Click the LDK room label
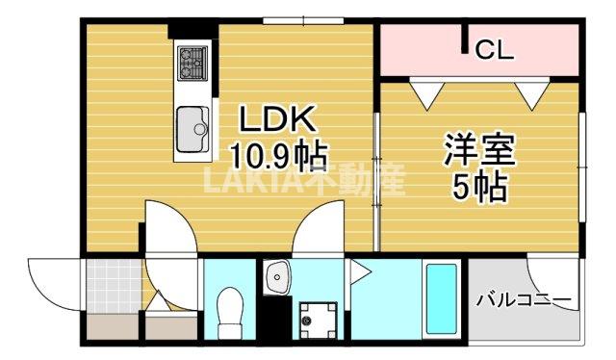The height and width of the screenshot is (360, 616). (276, 119)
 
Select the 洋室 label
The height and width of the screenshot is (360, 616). (479, 150)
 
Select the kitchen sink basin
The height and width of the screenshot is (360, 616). (193, 125)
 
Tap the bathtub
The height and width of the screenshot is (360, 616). (441, 297)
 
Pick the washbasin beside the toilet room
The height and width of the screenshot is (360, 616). (277, 277)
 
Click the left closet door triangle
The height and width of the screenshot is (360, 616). (423, 92)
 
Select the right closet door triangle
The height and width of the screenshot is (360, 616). (532, 92)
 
